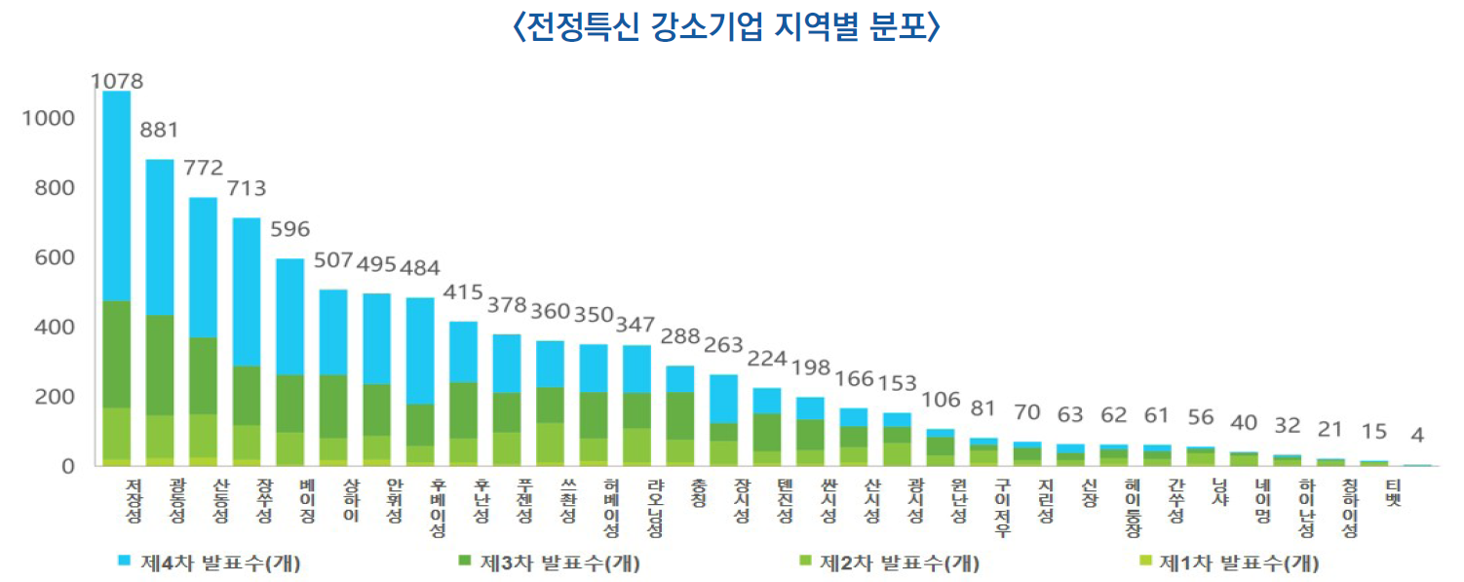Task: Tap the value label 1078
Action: pos(117,81)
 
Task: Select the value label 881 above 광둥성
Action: pos(160,130)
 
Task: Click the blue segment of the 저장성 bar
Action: pos(117,195)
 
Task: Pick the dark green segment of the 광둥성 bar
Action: pos(160,366)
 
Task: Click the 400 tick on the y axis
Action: pos(55,328)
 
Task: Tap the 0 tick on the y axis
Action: pos(68,467)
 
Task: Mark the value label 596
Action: pos(289,230)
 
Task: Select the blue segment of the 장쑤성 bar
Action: pos(247,292)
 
